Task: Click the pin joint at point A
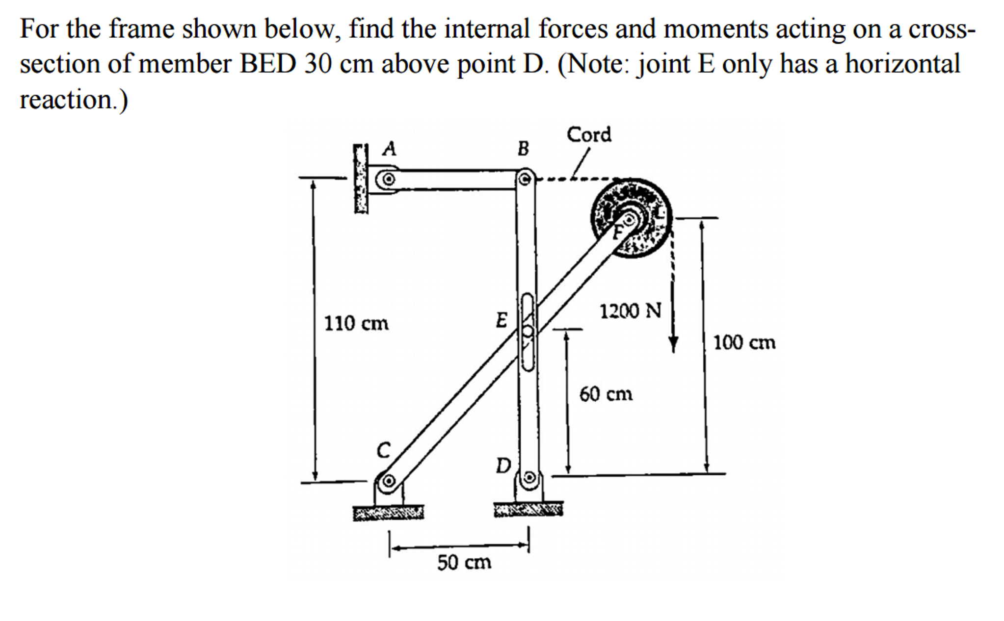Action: tap(388, 180)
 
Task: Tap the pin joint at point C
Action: tap(388, 480)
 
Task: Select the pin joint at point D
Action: tap(529, 477)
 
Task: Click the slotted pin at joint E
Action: tap(528, 332)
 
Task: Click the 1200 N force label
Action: tap(631, 311)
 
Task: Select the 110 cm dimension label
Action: tap(356, 324)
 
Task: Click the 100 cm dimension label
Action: tap(744, 342)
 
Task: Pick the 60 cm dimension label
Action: tap(606, 394)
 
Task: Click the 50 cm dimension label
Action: tap(464, 562)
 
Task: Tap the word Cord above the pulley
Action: tap(589, 134)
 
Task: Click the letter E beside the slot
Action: tap(501, 320)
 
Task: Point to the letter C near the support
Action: tap(383, 449)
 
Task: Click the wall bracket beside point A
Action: tap(361, 179)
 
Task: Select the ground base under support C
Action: tap(388, 513)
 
